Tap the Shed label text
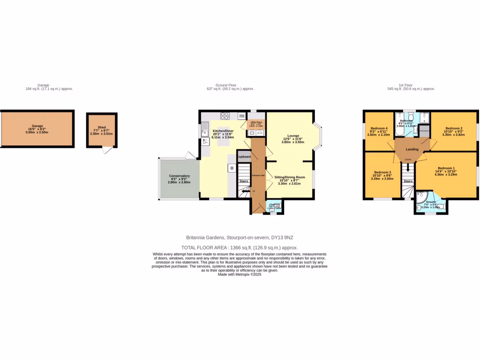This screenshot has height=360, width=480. click(x=101, y=127)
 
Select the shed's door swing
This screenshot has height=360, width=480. click(x=107, y=150)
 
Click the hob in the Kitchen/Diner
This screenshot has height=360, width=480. click(x=225, y=116)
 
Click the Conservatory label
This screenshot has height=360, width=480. click(x=179, y=176)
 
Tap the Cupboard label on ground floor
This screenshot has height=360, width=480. click(x=244, y=157)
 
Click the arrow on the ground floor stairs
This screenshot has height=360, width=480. click(x=245, y=191)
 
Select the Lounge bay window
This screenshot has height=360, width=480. click(x=318, y=137)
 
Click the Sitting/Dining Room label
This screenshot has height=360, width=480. click(x=289, y=177)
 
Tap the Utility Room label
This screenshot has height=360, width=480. click(x=256, y=121)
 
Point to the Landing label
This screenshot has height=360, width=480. click(x=412, y=150)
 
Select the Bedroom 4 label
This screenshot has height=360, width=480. click(x=379, y=128)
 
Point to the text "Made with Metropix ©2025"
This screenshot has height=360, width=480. click(x=240, y=274)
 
